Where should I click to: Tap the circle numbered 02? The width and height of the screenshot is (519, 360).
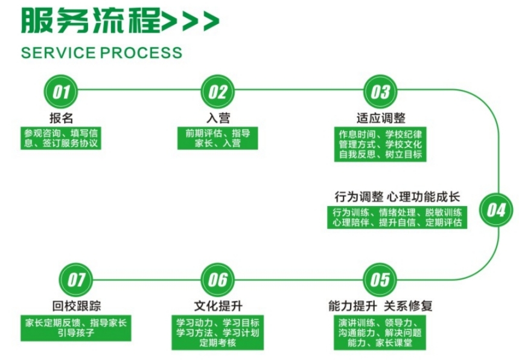coord(217,92)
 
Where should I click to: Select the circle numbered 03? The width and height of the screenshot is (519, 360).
coord(380,92)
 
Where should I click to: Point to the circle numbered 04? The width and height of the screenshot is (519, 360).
coord(495,210)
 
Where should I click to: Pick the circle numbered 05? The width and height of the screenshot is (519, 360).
coord(380,280)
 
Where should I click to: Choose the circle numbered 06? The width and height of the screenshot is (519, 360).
coord(217,280)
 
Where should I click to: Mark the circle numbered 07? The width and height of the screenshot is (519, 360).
coord(76,280)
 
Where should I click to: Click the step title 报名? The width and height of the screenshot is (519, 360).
coord(62,117)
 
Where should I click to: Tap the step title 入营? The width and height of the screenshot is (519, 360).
coord(217,117)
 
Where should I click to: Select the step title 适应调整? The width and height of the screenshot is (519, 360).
coord(380,117)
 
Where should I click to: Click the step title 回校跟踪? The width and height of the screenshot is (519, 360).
coord(76,306)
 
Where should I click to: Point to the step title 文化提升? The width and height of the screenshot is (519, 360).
coord(217,306)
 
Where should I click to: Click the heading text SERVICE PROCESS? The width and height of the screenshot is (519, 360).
coord(101,53)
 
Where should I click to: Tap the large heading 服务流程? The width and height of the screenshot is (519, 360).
coord(91,21)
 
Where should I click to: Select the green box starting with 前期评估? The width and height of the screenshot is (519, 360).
coord(217,138)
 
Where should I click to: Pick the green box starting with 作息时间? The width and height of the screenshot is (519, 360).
coord(380,144)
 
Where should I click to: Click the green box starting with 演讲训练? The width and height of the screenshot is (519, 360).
coord(380,332)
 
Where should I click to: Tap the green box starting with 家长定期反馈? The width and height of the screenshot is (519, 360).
coord(75,327)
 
